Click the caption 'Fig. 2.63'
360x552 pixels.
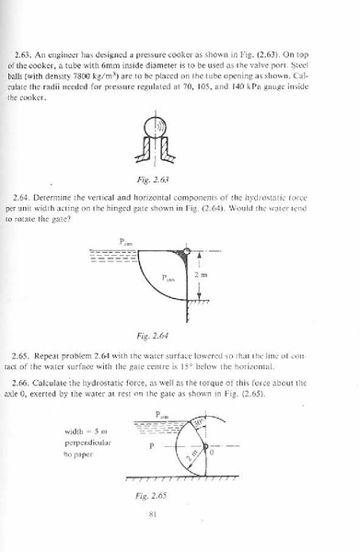[x=180, y=178]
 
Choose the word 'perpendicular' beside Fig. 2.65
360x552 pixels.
[x=87, y=443]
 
